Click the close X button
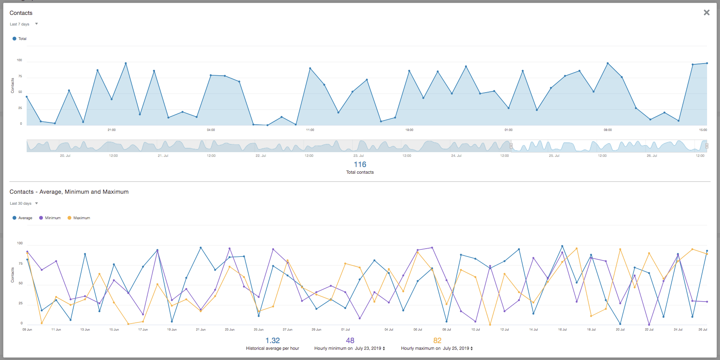pos(706,13)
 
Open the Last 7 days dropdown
pos(24,24)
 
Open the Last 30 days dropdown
pos(24,204)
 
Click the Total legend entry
pos(20,39)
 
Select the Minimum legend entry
pos(50,218)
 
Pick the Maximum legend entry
pos(79,218)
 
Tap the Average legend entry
pos(22,218)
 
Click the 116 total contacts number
pos(360,165)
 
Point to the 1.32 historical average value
pos(272,341)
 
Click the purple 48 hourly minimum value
pos(350,341)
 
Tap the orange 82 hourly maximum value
pos(437,341)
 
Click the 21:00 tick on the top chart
pos(112,130)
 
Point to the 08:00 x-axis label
pos(608,130)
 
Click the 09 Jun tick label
pos(27,329)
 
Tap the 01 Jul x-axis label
pos(345,329)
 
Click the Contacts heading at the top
pos(21,13)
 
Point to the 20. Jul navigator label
pos(65,156)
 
